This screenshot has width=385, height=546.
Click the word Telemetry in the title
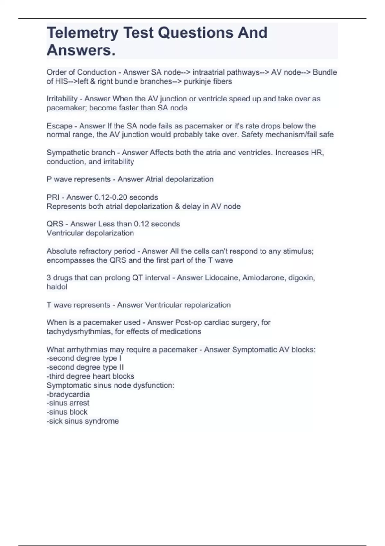coord(82,33)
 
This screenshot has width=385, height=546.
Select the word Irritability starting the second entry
coord(62,99)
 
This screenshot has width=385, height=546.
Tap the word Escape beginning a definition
coord(59,126)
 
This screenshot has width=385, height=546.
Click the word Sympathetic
coord(64,153)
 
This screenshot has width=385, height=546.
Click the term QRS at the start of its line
coord(55,224)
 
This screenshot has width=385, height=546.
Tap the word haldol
coord(57,287)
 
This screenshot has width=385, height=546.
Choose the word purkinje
coord(195,81)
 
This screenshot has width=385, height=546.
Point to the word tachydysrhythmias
coord(80,331)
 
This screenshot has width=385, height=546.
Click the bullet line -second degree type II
coord(85,367)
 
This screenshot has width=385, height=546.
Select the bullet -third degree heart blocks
coord(90,376)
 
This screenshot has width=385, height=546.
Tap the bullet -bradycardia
coord(68,394)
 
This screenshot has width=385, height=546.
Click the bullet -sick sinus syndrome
coord(83,421)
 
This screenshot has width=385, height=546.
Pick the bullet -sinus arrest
coord(68,403)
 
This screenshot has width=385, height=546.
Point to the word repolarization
coord(207,305)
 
